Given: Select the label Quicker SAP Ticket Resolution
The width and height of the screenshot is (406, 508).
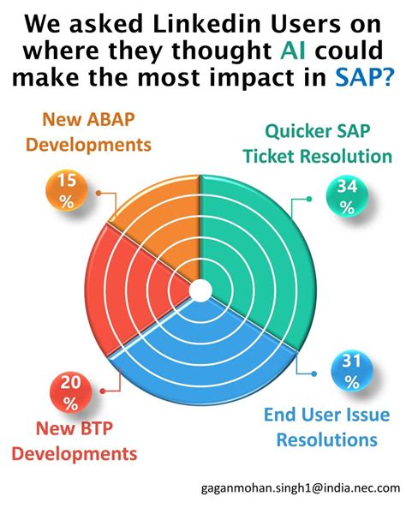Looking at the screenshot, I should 317,144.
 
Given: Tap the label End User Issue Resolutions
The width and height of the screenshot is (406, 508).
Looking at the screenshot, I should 320,427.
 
